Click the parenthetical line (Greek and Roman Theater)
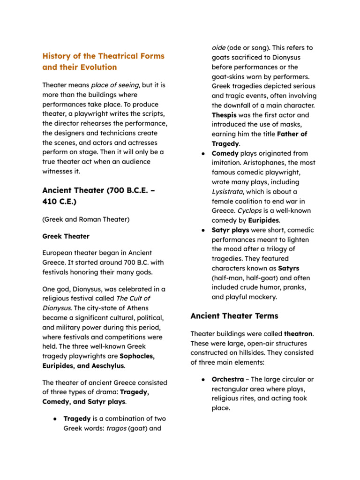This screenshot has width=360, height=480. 86,219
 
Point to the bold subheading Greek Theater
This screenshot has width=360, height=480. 66,236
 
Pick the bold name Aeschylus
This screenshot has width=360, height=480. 105,366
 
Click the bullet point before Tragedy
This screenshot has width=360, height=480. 55,419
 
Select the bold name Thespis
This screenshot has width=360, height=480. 224,115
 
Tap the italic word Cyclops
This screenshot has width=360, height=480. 250,210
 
